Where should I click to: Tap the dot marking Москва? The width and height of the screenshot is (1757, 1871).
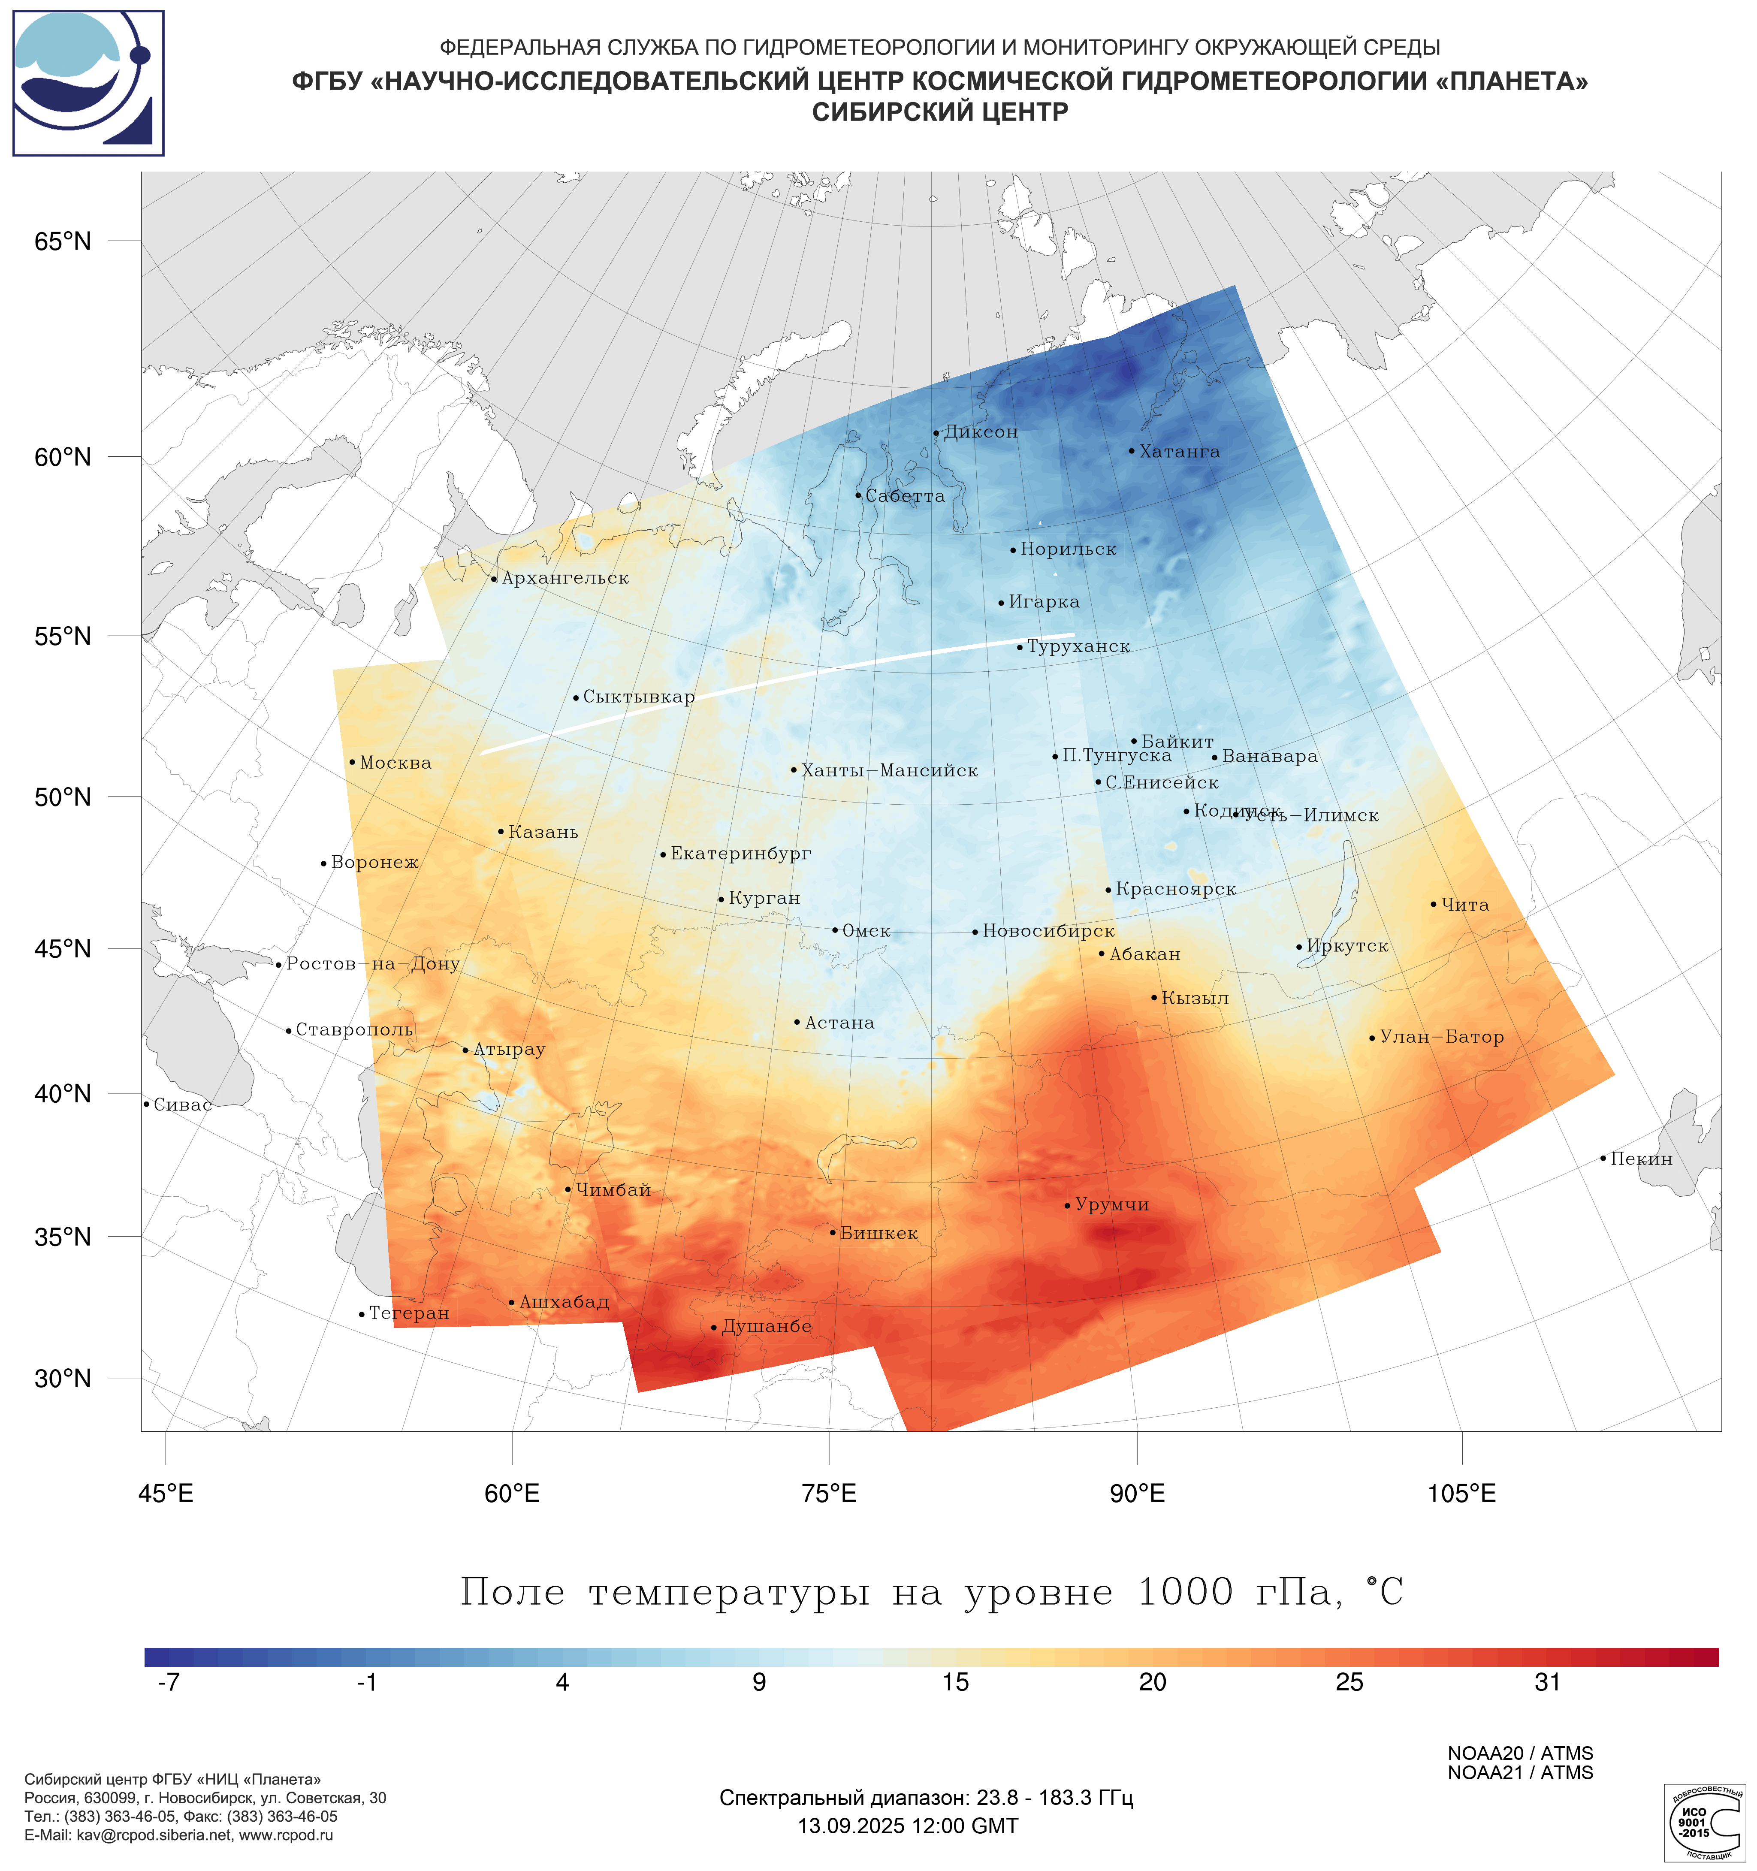(352, 762)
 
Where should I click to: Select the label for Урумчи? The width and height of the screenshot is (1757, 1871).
(1112, 1205)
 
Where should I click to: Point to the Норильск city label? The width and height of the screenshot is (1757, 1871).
(1068, 549)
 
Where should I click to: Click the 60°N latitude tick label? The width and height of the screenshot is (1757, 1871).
(63, 457)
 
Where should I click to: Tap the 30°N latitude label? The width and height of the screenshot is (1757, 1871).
(63, 1379)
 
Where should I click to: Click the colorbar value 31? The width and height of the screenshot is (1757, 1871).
(1547, 1682)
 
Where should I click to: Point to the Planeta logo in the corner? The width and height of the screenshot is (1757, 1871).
(88, 83)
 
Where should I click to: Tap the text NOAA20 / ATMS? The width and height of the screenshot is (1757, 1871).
(1520, 1753)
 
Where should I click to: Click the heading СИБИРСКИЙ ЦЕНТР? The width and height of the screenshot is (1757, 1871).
(940, 112)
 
